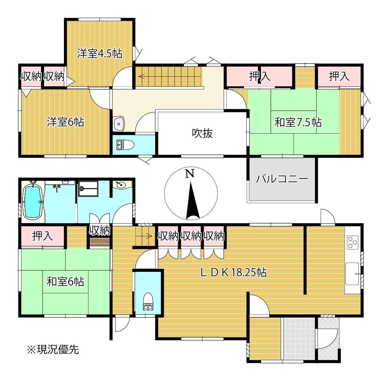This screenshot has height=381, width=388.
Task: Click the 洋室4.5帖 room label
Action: [x=99, y=54]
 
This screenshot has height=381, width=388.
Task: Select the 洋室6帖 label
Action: [x=65, y=122]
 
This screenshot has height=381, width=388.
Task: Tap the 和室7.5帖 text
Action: [x=298, y=122]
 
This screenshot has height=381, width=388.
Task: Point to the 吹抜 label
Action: [x=202, y=133]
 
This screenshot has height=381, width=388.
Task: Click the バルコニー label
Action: [x=282, y=179]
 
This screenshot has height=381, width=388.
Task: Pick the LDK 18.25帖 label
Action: [x=233, y=272]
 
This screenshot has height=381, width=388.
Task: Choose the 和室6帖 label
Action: [x=65, y=281]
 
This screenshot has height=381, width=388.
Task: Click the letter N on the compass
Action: [x=190, y=174]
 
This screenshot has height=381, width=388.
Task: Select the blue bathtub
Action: [x=32, y=202]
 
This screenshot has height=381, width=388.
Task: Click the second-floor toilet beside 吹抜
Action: [x=125, y=145]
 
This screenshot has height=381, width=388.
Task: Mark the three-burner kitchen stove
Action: [x=352, y=242]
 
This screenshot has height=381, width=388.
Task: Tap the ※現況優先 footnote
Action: [x=53, y=349]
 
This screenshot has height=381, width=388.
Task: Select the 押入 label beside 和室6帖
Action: [x=43, y=236]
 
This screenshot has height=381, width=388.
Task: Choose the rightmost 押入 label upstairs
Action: [x=339, y=76]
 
